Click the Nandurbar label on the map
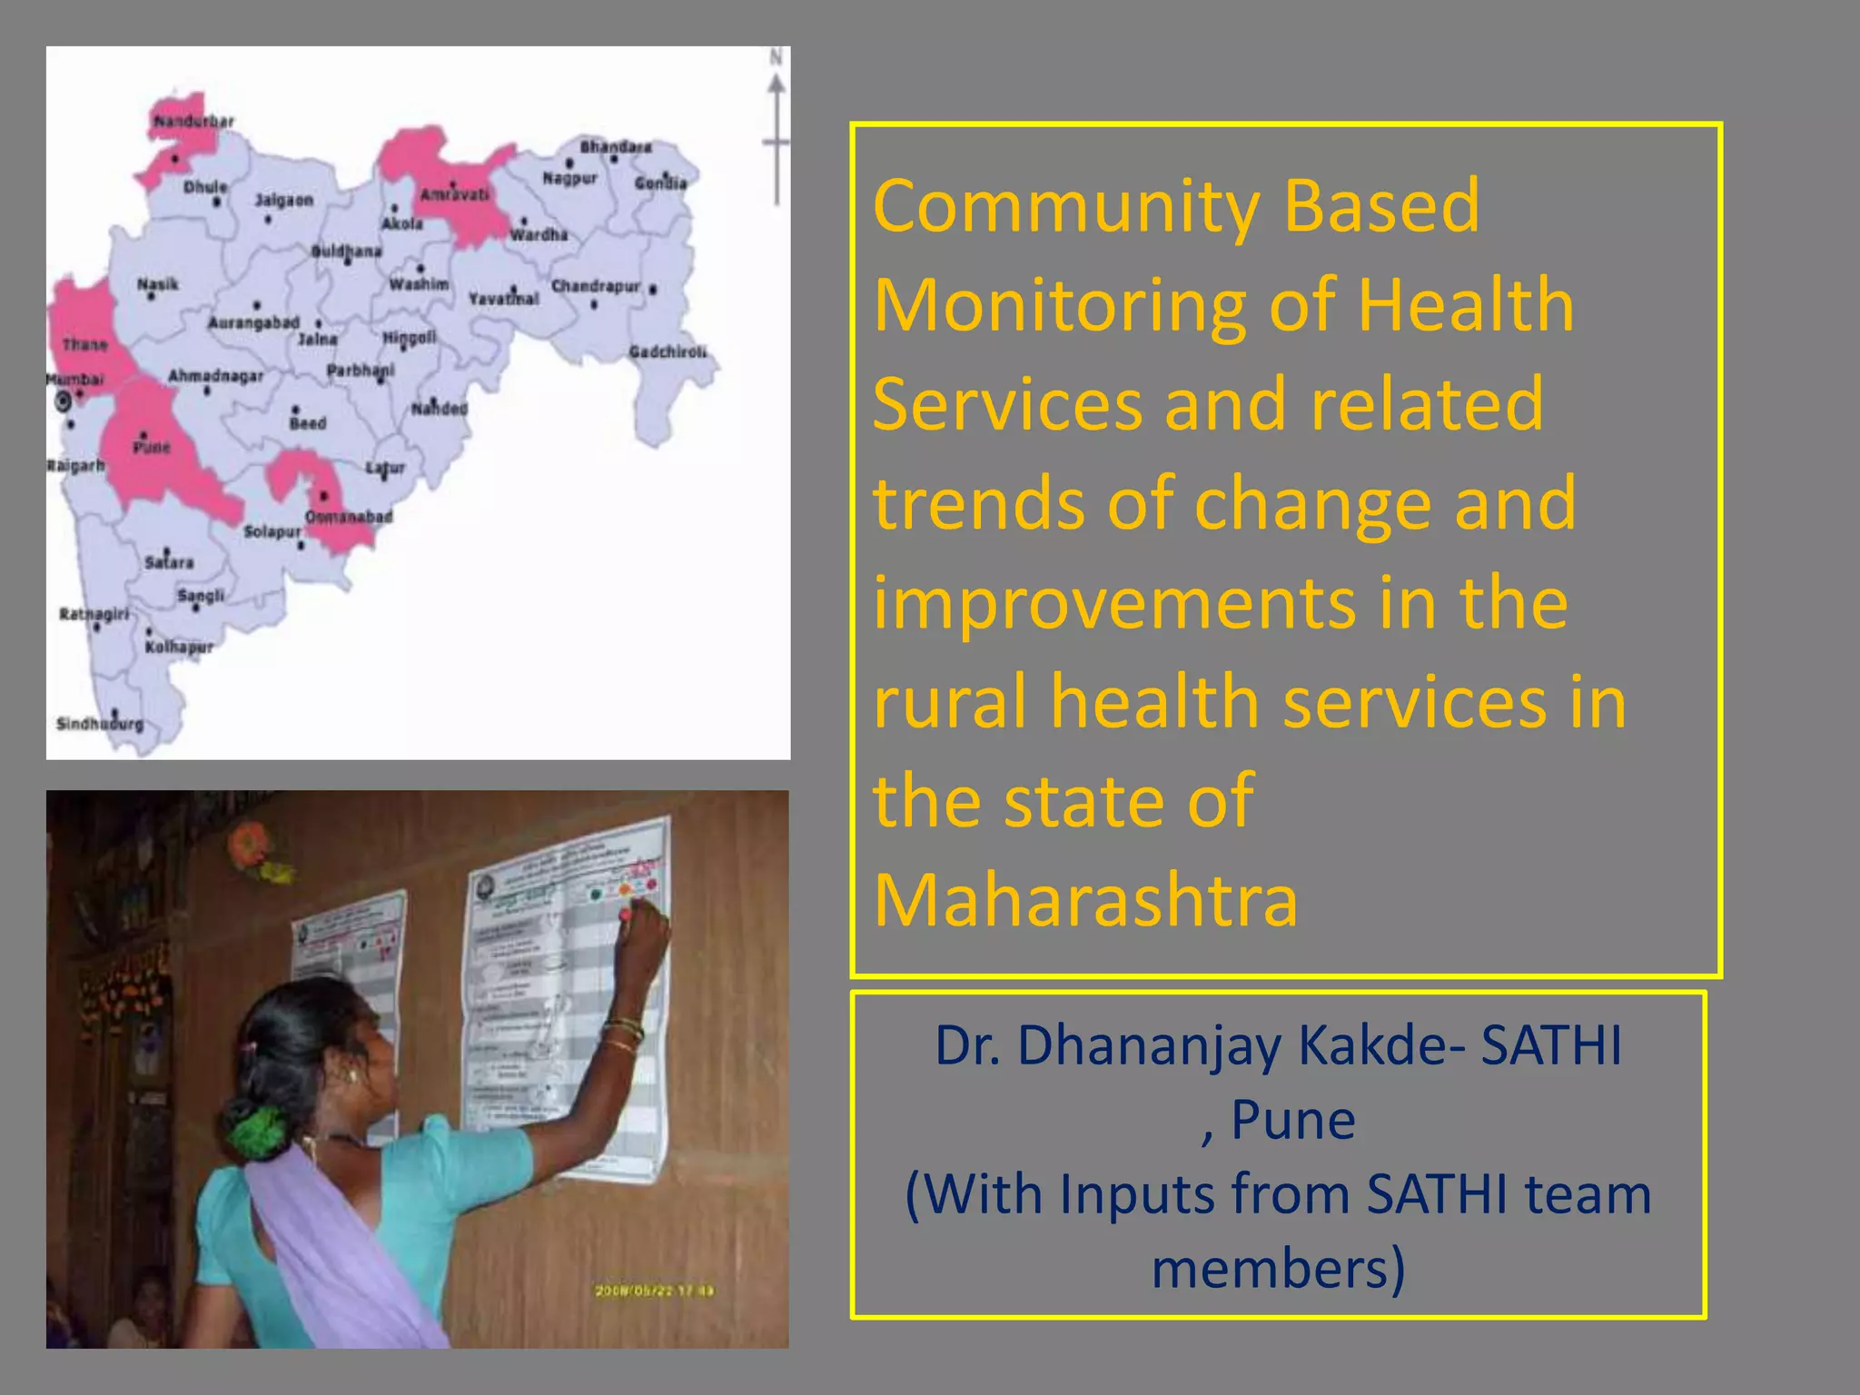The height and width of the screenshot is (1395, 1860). coord(193,121)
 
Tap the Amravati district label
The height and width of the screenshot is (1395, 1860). coord(454,194)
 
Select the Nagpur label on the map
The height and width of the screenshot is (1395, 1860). coord(569,178)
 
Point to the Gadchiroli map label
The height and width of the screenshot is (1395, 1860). coord(668,351)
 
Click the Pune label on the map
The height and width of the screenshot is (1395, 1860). coord(152,447)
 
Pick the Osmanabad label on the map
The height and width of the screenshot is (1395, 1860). coord(349,517)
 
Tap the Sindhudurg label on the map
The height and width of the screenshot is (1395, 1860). coord(100,724)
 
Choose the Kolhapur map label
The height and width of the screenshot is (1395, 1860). coord(179,647)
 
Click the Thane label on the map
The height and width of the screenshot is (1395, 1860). coord(85,344)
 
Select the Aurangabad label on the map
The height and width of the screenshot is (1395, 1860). coord(253,322)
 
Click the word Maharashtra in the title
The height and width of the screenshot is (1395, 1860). coord(1085,900)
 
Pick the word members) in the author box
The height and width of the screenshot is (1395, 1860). coord(1278,1269)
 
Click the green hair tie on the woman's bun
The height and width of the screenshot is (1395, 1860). coord(257,1133)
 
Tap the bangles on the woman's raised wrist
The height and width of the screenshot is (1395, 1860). coord(624,1035)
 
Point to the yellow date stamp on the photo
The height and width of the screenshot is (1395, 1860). coord(655,1291)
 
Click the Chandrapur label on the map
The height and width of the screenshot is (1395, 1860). coord(596,286)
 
